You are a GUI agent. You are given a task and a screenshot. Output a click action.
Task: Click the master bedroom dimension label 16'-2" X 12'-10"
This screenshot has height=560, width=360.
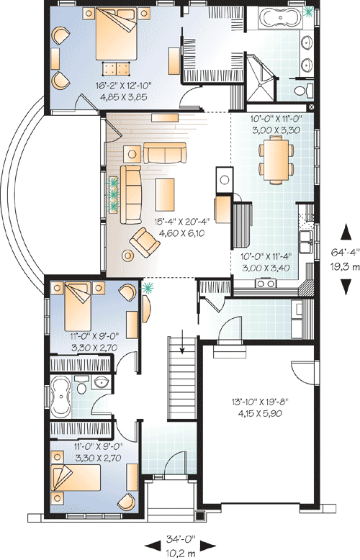pyautogui.click(x=124, y=86)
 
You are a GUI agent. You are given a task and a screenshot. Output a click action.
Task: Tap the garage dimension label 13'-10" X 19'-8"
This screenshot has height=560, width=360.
pyautogui.click(x=260, y=402)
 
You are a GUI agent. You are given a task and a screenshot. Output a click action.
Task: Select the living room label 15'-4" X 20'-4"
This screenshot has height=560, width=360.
pyautogui.click(x=181, y=222)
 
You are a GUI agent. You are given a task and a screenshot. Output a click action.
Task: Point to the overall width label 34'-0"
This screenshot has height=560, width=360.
pyautogui.click(x=181, y=538)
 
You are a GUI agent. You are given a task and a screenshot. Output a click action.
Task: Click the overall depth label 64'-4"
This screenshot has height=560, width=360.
pyautogui.click(x=346, y=253)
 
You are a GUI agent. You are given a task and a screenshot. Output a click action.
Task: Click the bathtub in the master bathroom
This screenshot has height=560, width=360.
pyautogui.click(x=280, y=17)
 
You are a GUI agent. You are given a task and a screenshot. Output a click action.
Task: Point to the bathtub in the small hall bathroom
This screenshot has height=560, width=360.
pyautogui.click(x=60, y=397)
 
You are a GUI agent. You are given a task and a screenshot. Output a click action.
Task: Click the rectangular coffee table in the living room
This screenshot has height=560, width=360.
pyautogui.click(x=165, y=194)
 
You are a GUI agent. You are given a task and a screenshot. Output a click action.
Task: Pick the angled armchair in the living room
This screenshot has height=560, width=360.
pyautogui.click(x=145, y=242)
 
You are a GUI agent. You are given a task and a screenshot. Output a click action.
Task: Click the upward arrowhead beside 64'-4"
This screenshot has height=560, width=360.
pyautogui.click(x=346, y=232)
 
